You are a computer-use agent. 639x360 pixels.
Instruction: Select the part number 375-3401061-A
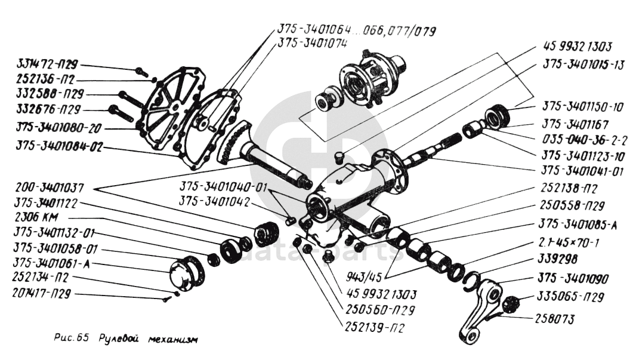coord(48,264)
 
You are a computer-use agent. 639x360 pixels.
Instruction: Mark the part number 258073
coord(555,319)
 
